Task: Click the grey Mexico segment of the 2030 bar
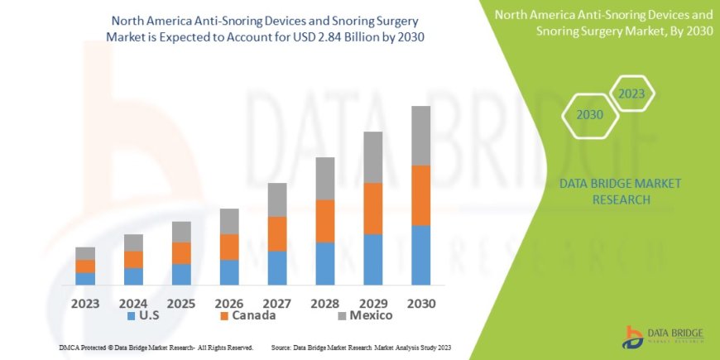(x=421, y=136)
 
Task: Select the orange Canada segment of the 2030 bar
(x=421, y=195)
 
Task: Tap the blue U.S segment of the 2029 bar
(x=373, y=259)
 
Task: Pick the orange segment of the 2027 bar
(x=277, y=233)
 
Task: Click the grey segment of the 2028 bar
(x=325, y=178)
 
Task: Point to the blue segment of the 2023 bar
(x=85, y=278)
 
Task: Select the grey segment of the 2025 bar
(x=181, y=232)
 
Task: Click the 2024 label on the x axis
(x=133, y=304)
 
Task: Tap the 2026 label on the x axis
(x=228, y=304)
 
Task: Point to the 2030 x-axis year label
(x=421, y=304)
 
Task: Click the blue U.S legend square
(x=131, y=315)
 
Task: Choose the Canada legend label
(x=254, y=315)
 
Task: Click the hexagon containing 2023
(x=631, y=93)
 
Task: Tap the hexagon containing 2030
(x=589, y=114)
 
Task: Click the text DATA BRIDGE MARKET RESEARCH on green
(x=608, y=191)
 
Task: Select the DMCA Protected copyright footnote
(x=156, y=347)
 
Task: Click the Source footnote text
(x=361, y=347)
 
